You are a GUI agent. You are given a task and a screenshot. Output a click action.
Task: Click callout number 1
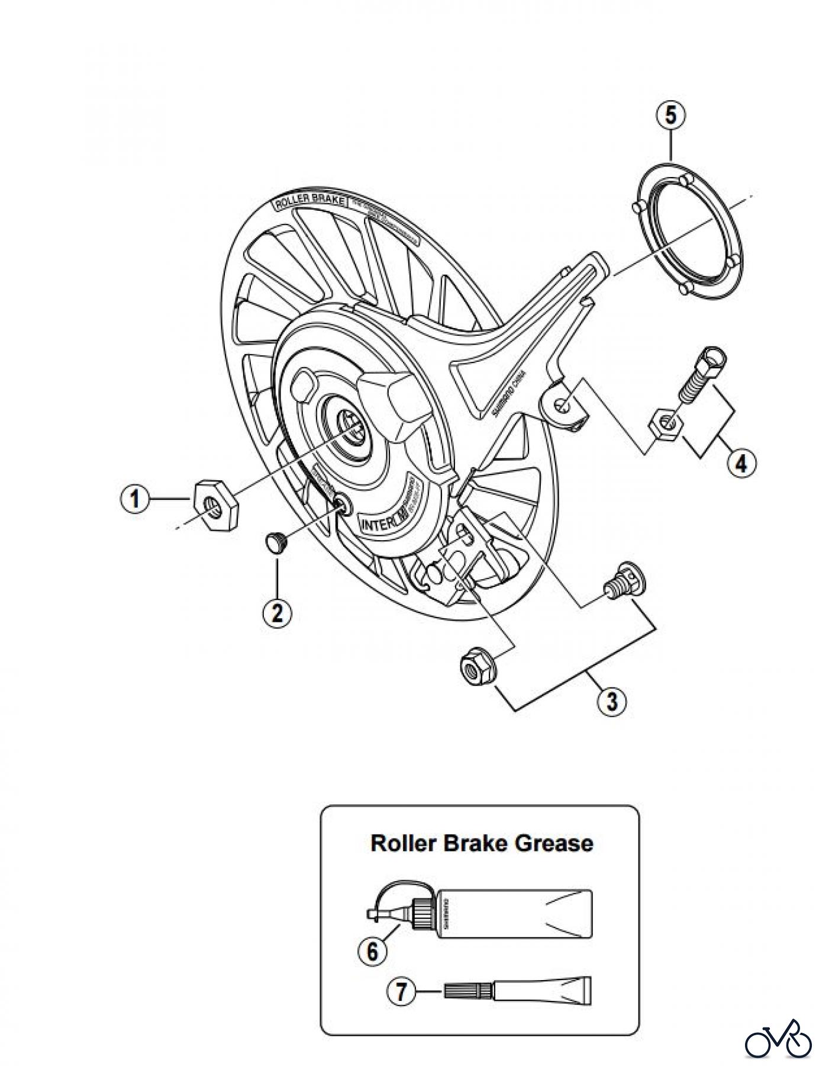click(x=136, y=499)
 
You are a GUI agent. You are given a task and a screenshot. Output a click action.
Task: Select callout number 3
click(x=611, y=701)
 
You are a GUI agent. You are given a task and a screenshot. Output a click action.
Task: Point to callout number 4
click(x=741, y=463)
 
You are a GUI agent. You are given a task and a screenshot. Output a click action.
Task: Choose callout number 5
click(x=670, y=115)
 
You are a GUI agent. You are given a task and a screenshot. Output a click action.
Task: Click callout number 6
click(x=373, y=951)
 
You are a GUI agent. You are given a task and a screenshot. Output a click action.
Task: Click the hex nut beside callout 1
click(x=215, y=504)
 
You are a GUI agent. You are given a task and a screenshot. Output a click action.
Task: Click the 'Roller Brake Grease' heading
click(x=481, y=843)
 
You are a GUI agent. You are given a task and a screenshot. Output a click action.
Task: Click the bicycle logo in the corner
click(x=778, y=1038)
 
